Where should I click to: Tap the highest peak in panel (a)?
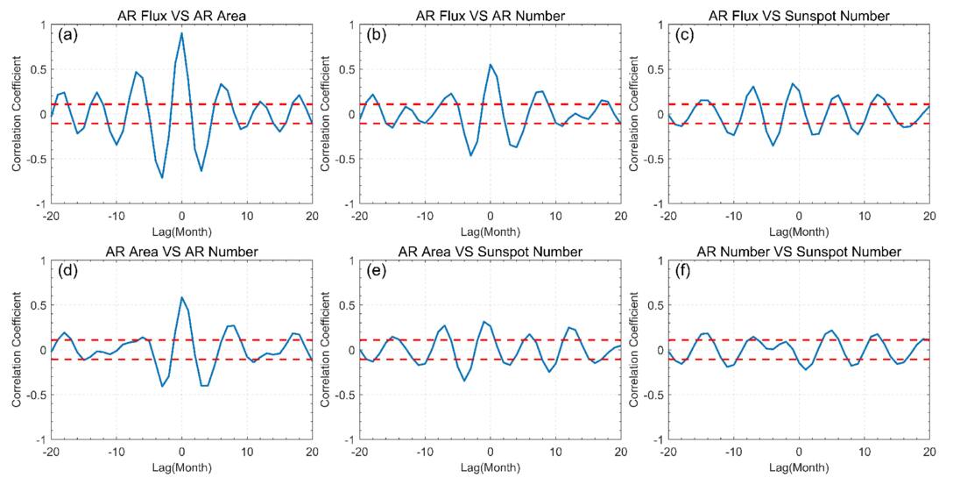click(x=181, y=33)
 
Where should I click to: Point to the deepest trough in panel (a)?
click(x=162, y=177)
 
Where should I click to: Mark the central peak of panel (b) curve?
click(x=490, y=65)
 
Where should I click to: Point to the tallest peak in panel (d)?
click(x=181, y=297)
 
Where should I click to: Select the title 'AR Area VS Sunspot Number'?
click(x=490, y=252)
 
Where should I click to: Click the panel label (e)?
click(x=377, y=274)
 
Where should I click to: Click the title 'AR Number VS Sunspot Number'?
click(x=798, y=252)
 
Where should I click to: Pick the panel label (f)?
click(x=685, y=274)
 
